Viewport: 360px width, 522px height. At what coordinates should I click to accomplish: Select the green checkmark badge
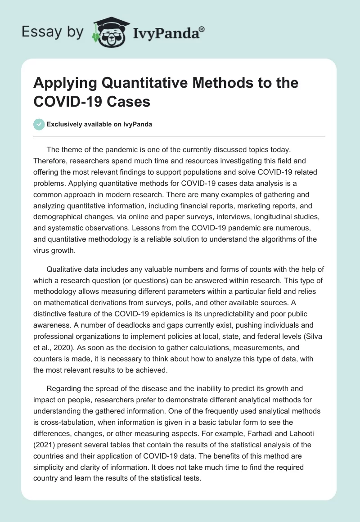[40, 124]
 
